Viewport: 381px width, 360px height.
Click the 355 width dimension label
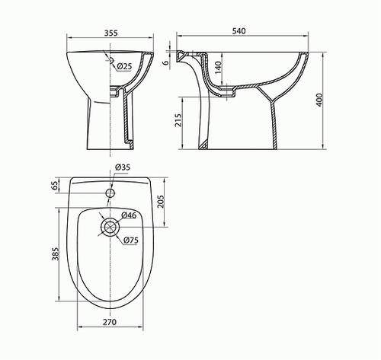tap(110, 33)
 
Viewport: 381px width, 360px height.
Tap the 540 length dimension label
tap(239, 31)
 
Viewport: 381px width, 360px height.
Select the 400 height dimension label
tap(319, 100)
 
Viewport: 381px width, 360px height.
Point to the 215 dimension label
tap(178, 120)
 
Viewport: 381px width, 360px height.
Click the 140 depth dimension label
tap(218, 67)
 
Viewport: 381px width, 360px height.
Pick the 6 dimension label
tap(165, 62)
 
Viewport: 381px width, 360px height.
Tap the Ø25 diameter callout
tap(125, 66)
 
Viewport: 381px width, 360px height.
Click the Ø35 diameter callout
tap(123, 167)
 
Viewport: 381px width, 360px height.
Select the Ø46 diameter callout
tap(129, 215)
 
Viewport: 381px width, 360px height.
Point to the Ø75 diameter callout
tap(131, 240)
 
